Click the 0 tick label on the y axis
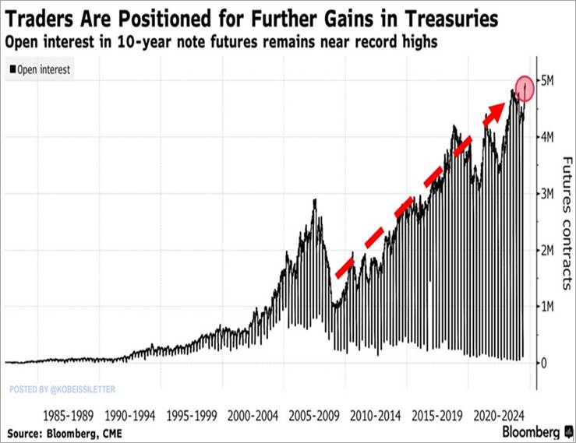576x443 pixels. click(x=545, y=363)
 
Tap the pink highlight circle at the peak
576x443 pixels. click(x=525, y=88)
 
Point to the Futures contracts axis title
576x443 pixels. click(x=567, y=222)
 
